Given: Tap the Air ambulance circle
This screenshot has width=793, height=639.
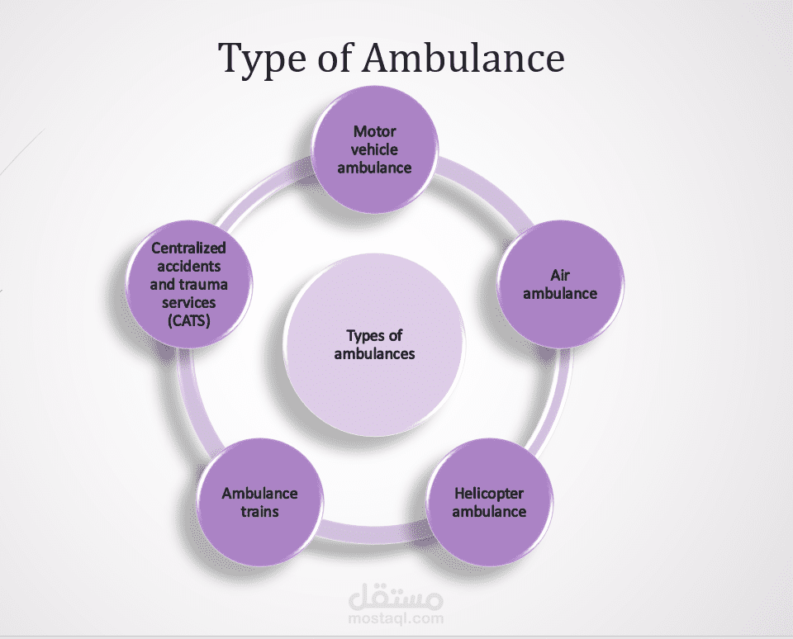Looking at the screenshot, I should [560, 285].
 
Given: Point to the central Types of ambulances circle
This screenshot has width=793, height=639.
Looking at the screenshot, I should [374, 346].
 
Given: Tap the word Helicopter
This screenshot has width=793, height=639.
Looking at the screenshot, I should [489, 494].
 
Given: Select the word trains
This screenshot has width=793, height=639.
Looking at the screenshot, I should [260, 511].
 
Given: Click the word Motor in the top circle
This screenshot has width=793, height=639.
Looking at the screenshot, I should [374, 131].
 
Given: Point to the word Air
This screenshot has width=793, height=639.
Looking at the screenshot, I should [560, 276].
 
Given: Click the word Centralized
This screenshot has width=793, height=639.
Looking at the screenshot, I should [188, 247].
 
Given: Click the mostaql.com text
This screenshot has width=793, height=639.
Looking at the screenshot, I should [396, 618].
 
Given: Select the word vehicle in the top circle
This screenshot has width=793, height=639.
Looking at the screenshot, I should [374, 149].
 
